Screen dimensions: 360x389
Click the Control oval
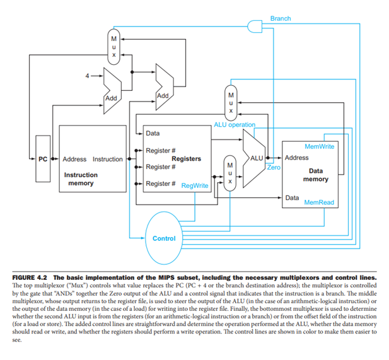pyautogui.click(x=164, y=238)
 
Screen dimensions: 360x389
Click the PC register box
pyautogui.click(x=43, y=159)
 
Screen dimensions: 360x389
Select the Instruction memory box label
pyautogui.click(x=80, y=178)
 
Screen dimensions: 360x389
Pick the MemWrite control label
pyautogui.click(x=319, y=146)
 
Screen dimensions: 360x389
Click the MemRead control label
pyautogui.click(x=319, y=203)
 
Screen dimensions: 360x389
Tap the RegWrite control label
pyautogui.click(x=195, y=186)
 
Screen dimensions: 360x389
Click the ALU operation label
pyautogui.click(x=235, y=125)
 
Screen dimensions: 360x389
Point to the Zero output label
pyautogui.click(x=274, y=168)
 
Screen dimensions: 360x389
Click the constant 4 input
pyautogui.click(x=88, y=76)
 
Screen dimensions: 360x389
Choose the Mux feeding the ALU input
pyautogui.click(x=230, y=171)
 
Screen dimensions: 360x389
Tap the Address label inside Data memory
pyautogui.click(x=297, y=158)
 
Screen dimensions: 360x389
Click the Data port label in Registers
pyautogui.click(x=153, y=134)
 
